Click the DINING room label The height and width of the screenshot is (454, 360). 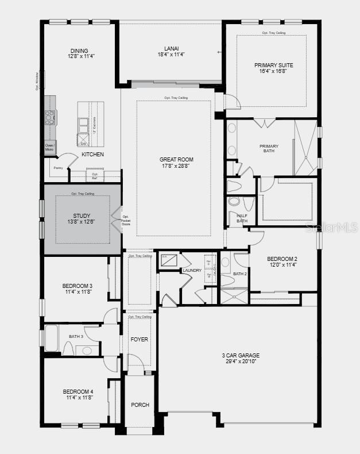click(x=79, y=51)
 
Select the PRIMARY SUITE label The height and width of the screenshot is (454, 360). click(x=273, y=66)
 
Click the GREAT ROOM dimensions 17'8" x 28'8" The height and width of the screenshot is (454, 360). click(x=176, y=166)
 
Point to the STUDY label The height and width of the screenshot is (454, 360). click(x=82, y=216)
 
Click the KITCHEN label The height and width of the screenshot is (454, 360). click(x=92, y=155)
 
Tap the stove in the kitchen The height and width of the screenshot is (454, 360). click(x=50, y=117)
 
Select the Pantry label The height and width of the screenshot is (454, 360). click(x=58, y=168)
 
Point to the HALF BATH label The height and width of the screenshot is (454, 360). click(x=242, y=218)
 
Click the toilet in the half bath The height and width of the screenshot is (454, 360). click(x=234, y=202)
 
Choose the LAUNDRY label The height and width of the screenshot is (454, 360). click(x=192, y=270)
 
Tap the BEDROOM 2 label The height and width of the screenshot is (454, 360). click(x=282, y=259)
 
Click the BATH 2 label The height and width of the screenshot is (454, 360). click(x=239, y=274)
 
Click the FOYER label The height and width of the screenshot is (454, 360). click(x=139, y=340)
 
